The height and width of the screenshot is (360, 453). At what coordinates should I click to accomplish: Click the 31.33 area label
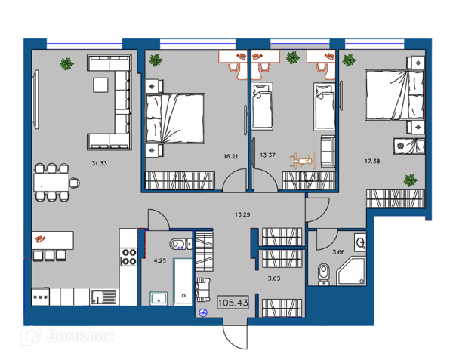point(99,163)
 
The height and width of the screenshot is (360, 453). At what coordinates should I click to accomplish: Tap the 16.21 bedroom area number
point(230,156)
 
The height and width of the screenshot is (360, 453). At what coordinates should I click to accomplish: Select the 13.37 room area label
point(267,155)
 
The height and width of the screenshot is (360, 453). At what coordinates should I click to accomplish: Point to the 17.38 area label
point(372,161)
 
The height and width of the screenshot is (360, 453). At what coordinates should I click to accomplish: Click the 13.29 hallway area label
point(242,214)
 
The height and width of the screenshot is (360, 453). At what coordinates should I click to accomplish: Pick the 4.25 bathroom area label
point(160,260)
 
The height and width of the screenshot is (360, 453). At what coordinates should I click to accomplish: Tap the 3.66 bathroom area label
point(338,252)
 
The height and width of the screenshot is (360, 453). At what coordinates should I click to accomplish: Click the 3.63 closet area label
point(274,278)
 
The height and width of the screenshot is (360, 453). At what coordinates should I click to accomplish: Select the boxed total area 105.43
point(233,303)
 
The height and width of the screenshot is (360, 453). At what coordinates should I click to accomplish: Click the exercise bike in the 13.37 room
point(303,161)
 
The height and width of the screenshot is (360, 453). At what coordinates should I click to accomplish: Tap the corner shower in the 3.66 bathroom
point(350,271)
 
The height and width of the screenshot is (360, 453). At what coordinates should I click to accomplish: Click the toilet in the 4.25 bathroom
point(180,245)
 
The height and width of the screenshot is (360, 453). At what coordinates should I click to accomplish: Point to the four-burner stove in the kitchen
point(129,257)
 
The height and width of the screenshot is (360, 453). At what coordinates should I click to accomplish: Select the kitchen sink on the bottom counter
point(103,297)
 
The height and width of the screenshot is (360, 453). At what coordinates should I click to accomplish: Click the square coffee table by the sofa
point(101,85)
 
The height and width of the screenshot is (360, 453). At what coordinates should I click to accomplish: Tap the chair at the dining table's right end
point(75,183)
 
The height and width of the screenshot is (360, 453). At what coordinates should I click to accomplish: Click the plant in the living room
point(66,63)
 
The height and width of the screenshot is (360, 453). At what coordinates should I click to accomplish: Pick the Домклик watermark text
point(79,337)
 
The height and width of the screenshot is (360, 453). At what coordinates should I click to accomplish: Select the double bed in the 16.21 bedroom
point(175,118)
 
